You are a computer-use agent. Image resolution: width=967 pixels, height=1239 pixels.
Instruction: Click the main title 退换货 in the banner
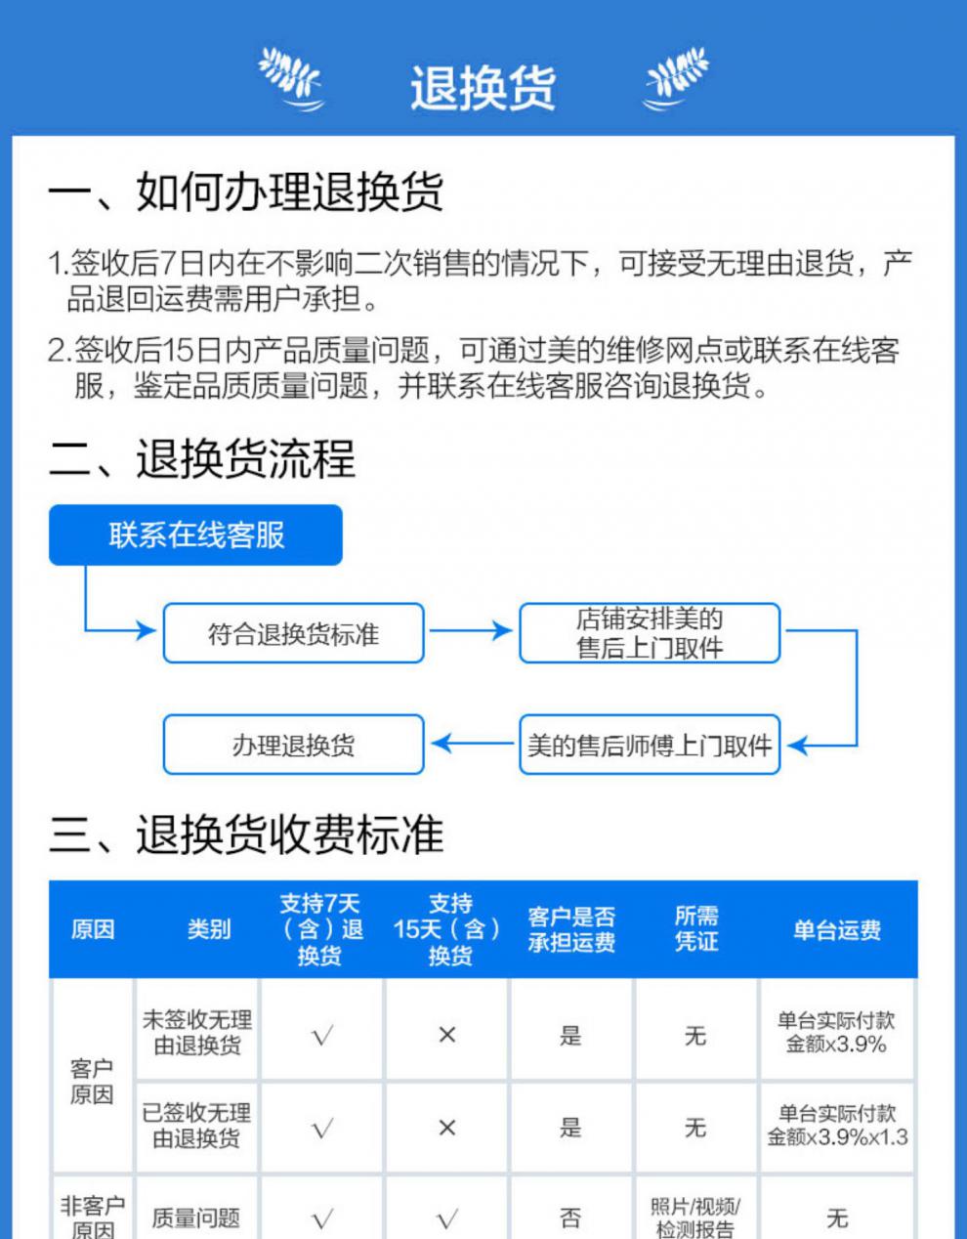click(483, 88)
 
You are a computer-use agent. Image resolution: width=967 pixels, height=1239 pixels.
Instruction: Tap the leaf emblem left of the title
click(292, 79)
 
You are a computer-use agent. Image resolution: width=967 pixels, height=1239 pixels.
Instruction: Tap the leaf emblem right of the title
click(676, 79)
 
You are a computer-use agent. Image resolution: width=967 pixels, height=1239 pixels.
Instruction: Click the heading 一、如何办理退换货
click(245, 192)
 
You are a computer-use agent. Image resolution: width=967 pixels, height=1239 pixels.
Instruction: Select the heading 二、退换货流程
click(202, 458)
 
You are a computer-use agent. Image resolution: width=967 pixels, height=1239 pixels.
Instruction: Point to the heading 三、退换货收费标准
click(246, 834)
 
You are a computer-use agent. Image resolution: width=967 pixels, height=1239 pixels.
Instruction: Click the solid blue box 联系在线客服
click(195, 534)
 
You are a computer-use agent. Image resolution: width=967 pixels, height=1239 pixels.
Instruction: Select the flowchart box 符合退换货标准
click(293, 633)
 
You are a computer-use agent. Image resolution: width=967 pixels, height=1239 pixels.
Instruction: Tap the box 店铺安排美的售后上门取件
click(650, 633)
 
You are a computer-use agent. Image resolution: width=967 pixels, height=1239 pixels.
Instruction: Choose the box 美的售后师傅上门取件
click(650, 745)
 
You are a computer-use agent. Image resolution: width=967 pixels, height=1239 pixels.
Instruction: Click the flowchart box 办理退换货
click(293, 745)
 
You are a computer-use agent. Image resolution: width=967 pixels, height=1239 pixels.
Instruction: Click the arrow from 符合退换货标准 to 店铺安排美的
click(471, 630)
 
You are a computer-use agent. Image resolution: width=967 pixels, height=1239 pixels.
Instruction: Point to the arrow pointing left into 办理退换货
click(473, 744)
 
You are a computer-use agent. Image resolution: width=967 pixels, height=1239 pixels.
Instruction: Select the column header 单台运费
click(837, 930)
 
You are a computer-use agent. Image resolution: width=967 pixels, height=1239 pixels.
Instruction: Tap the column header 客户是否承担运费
click(571, 929)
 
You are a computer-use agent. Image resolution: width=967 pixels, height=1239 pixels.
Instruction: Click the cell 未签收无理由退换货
click(197, 1033)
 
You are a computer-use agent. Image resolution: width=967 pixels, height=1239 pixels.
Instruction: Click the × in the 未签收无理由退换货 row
click(447, 1035)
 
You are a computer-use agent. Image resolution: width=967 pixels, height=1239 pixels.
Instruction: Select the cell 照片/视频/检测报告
click(695, 1218)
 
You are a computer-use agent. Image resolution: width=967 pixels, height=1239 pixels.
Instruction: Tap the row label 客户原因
click(92, 1081)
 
